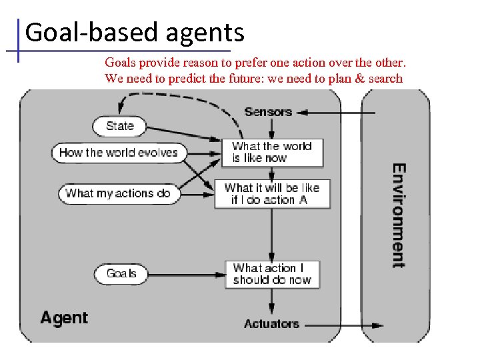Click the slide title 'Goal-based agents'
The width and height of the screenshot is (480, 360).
135,32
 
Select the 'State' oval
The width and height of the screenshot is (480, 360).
120,126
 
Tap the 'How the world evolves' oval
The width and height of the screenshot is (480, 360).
118,153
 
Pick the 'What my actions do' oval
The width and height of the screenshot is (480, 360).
117,193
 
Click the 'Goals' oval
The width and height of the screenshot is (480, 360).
121,273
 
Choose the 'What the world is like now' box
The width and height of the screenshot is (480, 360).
271,153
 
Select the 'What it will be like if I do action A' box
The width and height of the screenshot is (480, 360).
271,193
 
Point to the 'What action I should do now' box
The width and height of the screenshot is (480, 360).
271,274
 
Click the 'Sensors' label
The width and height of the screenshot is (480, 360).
268,111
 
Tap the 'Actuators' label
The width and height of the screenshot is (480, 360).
271,324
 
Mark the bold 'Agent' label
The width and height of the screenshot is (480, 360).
64,317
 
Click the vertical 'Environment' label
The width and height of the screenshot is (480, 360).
398,215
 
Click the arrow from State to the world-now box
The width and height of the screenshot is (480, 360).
183,133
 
